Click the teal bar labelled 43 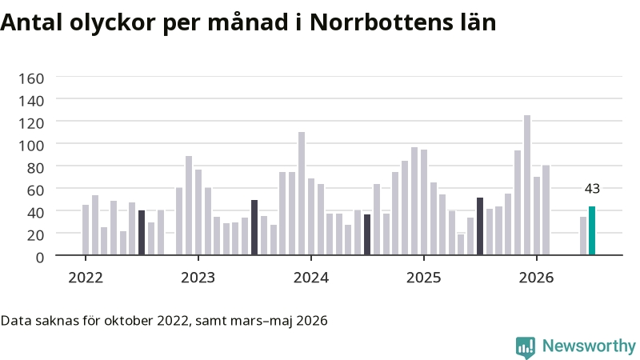click(592, 230)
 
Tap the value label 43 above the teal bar click(592, 189)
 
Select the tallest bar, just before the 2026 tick click(527, 186)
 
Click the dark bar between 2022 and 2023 click(142, 233)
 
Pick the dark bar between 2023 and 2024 click(254, 228)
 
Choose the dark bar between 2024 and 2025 click(367, 234)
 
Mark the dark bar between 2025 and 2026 click(480, 226)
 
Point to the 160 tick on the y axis click(31, 78)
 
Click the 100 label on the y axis click(31, 146)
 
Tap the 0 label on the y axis click(39, 258)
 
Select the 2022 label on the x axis click(86, 278)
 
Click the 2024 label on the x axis click(311, 278)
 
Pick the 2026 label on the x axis click(536, 278)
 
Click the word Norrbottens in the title click(382, 22)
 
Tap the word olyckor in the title click(113, 22)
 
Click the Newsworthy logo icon click(526, 347)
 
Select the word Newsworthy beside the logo click(589, 346)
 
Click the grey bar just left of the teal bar click(583, 236)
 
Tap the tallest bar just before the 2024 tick click(302, 194)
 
